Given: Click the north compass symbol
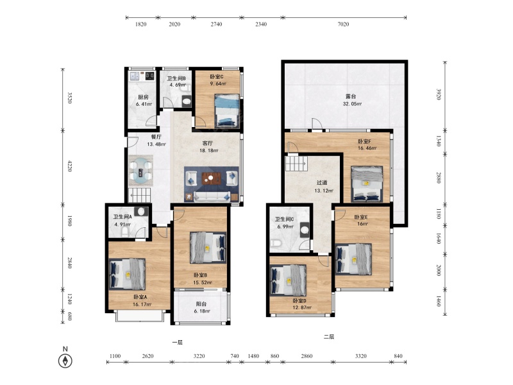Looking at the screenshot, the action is coord(65,361).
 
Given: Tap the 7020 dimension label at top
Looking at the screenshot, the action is coord(343,24).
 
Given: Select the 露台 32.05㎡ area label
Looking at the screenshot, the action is coord(351,100).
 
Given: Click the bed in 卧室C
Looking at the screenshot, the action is coord(227,111).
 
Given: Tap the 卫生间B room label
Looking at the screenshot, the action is coord(177,78).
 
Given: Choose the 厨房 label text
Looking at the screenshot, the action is coord(143,98).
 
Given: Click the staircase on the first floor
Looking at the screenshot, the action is coord(139,195).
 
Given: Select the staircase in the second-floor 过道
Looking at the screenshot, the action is coord(296,163).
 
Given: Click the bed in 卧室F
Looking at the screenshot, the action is coord(367,184).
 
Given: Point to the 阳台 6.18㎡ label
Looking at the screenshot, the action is coord(201,307).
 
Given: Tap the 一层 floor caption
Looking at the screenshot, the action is coord(178,343).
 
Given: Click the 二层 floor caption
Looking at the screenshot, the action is coord(329,336).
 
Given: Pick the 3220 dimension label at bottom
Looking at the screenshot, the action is coord(199,356).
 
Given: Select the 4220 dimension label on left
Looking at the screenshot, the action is coord(69,166).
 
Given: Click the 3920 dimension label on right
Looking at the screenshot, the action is coord(439,94).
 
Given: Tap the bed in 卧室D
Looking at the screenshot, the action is coord(288,280).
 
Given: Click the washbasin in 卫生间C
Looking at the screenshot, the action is coord(305,230).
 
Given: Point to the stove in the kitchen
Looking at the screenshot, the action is coord(150,76).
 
